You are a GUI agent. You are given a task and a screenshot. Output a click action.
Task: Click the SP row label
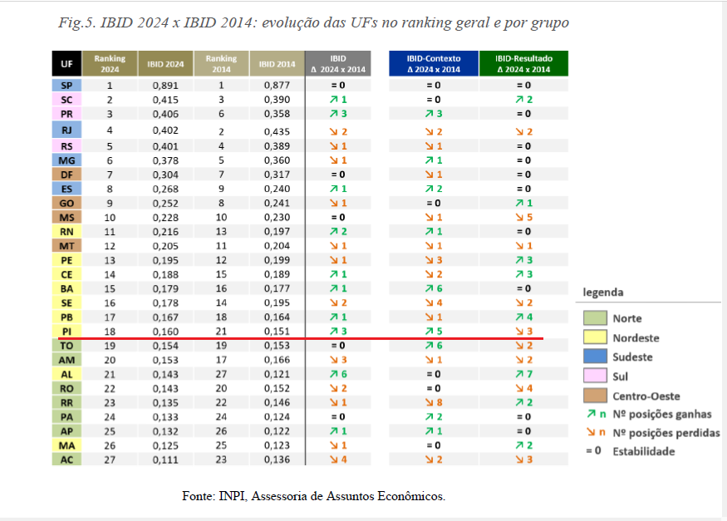pos(66,85)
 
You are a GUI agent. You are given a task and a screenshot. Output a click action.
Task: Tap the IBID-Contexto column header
pos(434,64)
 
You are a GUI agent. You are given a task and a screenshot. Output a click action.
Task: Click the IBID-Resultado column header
pos(523,64)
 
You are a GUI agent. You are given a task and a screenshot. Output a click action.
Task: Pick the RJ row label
pos(66,130)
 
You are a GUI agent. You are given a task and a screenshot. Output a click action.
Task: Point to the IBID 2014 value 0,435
pos(277,130)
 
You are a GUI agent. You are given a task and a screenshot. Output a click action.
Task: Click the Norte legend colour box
pos(594,318)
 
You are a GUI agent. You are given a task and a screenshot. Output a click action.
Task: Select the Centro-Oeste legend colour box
pos(594,396)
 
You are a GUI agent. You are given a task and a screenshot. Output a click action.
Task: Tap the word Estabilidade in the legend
pos(644,451)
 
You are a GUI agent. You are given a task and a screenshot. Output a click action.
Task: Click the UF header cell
pos(66,64)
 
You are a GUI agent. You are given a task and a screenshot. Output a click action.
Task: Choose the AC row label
pos(66,460)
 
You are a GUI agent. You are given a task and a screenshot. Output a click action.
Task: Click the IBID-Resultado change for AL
pos(523,374)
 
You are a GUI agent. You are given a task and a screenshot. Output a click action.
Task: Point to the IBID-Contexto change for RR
pos(434,402)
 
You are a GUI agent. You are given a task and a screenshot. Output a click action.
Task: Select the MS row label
pos(66,218)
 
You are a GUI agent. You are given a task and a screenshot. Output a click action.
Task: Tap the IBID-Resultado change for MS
pos(523,218)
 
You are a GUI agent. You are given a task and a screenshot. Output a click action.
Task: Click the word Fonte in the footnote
pos(198,496)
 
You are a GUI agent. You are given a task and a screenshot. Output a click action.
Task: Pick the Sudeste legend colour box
pos(594,357)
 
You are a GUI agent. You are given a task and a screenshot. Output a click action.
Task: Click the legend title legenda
pos(602,292)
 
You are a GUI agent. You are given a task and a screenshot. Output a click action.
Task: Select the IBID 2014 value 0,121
pos(277,374)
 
